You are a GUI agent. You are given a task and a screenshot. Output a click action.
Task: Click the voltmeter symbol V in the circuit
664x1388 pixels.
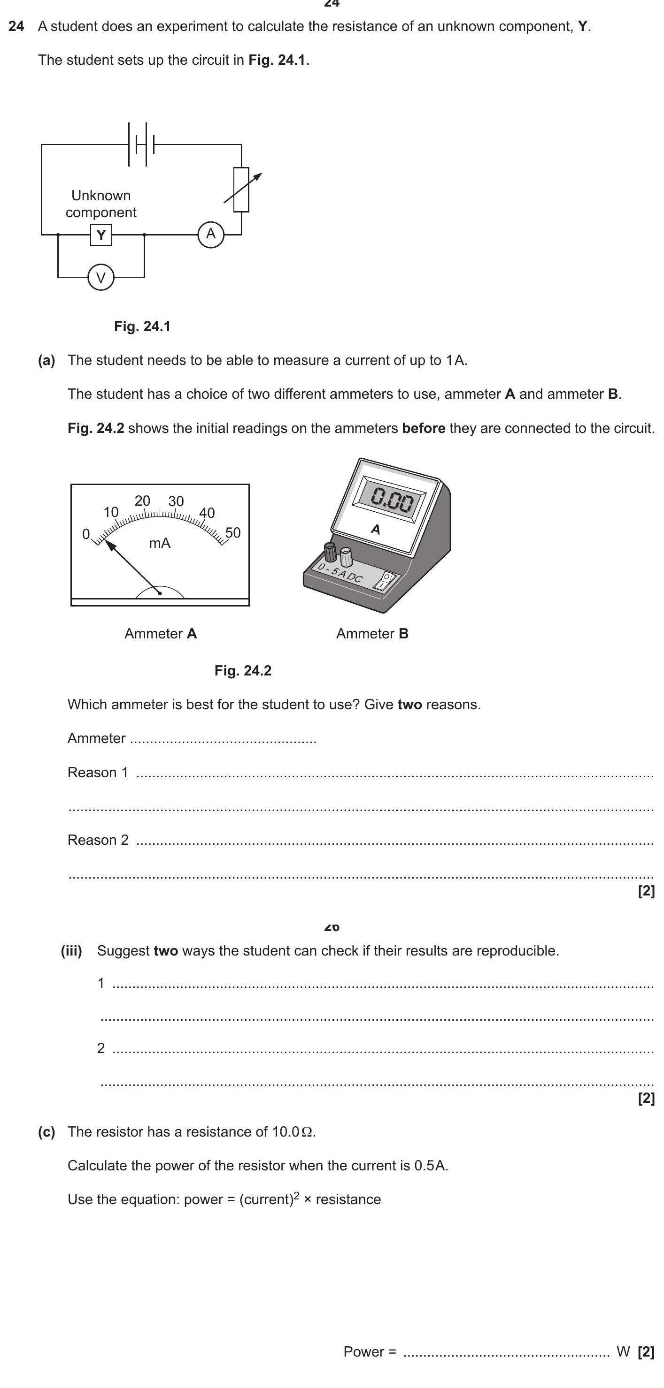coord(101,278)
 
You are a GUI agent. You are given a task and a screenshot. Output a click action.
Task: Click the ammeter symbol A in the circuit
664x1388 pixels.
coord(210,234)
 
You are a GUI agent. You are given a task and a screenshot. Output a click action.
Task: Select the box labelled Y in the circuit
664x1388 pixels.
coord(101,235)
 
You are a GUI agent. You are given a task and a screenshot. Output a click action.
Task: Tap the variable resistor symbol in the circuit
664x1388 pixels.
coord(241,190)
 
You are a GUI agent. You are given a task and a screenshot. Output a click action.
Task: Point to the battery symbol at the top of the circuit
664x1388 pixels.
coord(141,144)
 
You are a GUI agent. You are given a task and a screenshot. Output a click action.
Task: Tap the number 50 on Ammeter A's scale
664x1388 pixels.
coord(232,532)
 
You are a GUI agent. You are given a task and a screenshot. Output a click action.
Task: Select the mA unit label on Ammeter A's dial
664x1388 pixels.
coord(160,543)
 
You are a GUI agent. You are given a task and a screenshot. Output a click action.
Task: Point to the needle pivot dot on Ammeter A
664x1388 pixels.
coord(160,593)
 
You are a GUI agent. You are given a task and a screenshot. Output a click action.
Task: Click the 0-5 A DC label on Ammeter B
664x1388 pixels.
coord(340,573)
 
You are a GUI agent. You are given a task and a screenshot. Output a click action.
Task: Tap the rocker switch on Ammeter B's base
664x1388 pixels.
coord(385,581)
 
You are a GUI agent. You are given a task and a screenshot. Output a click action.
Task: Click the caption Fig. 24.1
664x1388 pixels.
coord(142,326)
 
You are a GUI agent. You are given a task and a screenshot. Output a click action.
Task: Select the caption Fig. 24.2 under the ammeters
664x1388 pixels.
coord(243,671)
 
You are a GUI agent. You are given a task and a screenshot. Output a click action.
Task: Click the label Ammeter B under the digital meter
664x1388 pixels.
coord(372,634)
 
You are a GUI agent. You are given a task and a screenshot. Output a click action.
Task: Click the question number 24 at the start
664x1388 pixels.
coord(16,26)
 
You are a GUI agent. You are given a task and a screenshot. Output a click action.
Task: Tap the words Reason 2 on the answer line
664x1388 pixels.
coord(98,840)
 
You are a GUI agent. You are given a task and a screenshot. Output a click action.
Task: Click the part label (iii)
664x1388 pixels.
coord(71,951)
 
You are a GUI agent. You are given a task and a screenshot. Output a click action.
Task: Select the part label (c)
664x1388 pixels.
coord(46,1132)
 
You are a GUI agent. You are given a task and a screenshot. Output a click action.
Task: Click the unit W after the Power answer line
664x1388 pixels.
coord(623,1352)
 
